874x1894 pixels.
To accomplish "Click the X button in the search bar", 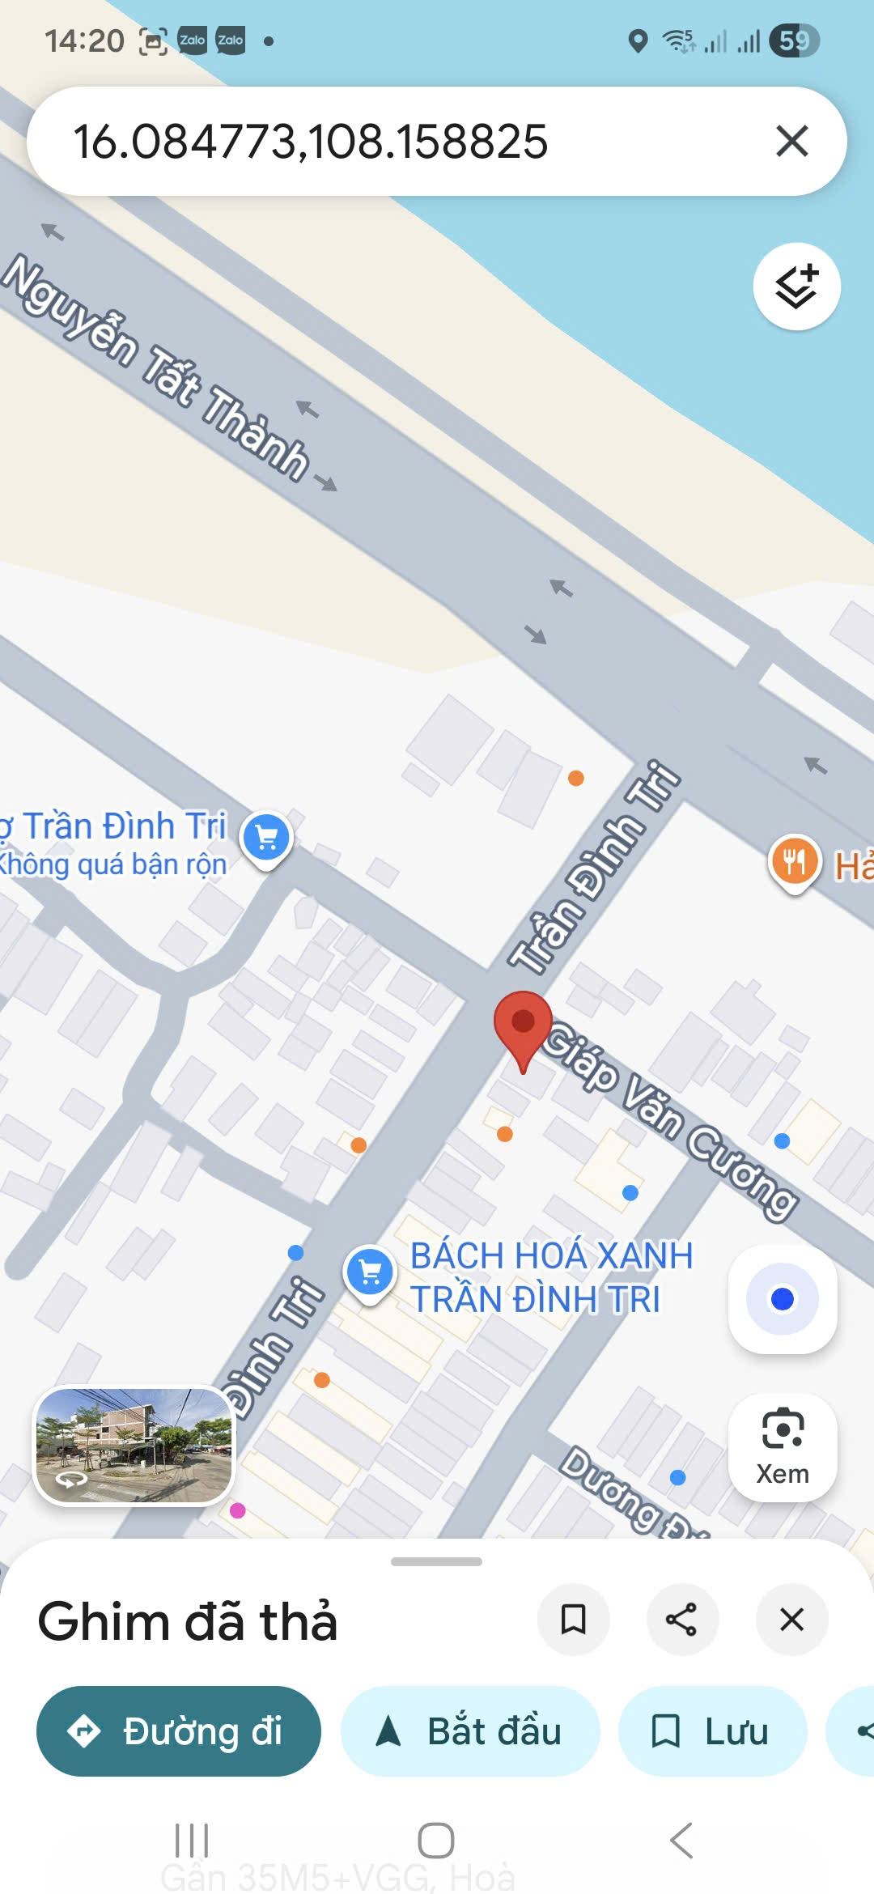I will (791, 141).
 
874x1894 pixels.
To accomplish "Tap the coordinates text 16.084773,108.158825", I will (311, 142).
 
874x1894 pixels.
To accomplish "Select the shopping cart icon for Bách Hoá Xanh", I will (370, 1272).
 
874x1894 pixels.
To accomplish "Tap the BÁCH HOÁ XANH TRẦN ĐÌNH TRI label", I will (550, 1277).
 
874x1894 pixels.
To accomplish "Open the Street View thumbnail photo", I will (134, 1446).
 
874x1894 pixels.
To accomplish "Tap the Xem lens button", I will (783, 1447).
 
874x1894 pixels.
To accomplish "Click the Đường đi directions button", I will (179, 1731).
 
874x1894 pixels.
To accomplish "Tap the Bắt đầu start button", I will (470, 1731).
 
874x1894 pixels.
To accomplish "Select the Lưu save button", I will (712, 1731).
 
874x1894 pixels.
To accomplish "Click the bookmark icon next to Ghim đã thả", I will (573, 1620).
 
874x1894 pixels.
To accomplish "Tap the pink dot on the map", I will (238, 1510).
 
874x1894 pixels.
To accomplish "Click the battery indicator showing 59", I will (795, 40).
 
